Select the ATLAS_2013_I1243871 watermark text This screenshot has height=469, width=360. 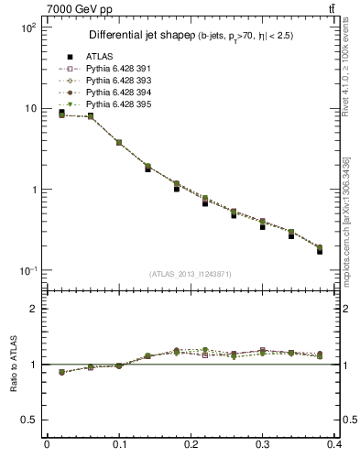(x=191, y=275)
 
